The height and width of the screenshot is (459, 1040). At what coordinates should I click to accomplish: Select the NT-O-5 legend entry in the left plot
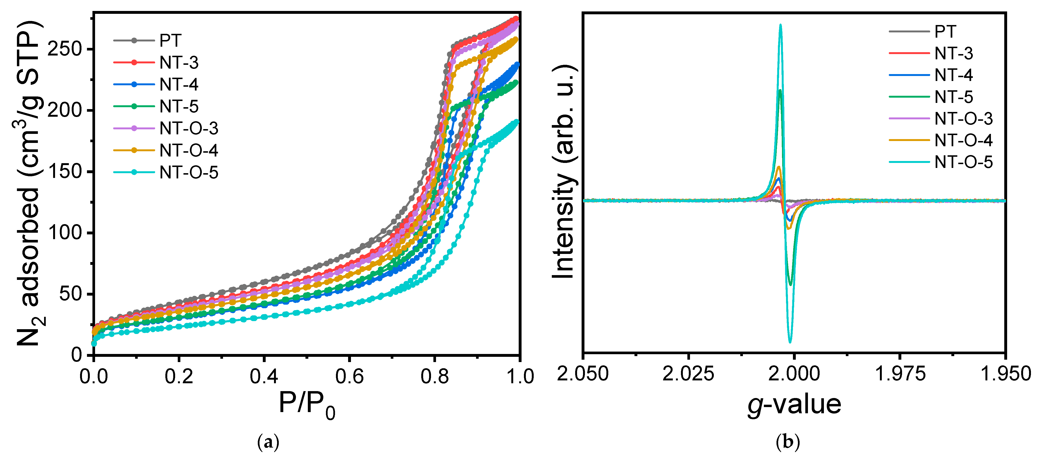pos(188,172)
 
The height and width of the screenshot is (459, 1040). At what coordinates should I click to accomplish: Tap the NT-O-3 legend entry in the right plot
pos(963,119)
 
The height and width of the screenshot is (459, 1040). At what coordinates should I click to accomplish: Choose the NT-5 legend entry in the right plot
pos(954,97)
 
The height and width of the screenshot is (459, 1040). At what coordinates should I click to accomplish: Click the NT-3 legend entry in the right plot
pos(954,53)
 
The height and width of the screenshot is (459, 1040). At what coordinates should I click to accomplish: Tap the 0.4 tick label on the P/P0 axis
pos(264,376)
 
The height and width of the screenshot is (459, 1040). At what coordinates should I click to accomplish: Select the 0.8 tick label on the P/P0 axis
pos(434,376)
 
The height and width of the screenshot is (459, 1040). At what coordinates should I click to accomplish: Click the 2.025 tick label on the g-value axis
pos(688,373)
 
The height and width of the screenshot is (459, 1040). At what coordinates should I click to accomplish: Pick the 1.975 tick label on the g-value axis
pos(900,373)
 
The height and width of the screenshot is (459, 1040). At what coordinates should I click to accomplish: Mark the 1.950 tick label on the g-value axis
pos(1005,373)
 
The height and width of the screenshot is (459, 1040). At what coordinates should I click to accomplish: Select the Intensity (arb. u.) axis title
pos(564,171)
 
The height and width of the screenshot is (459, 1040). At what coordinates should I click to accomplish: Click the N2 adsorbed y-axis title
pos(29,182)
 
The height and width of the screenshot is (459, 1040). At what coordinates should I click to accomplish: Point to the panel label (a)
pos(268,443)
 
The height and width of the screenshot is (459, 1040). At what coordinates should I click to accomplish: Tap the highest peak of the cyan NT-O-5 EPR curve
pos(780,25)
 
